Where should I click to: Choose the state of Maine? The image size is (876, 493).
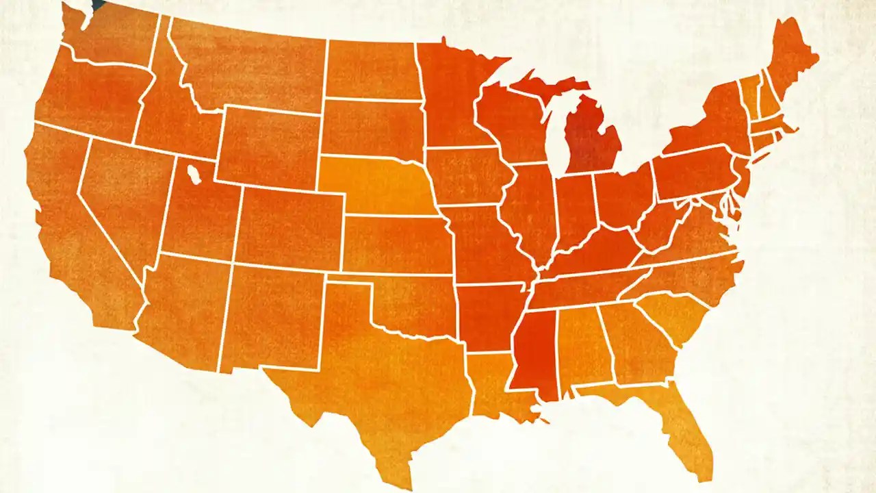click(790, 58)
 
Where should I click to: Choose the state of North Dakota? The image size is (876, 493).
click(370, 68)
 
